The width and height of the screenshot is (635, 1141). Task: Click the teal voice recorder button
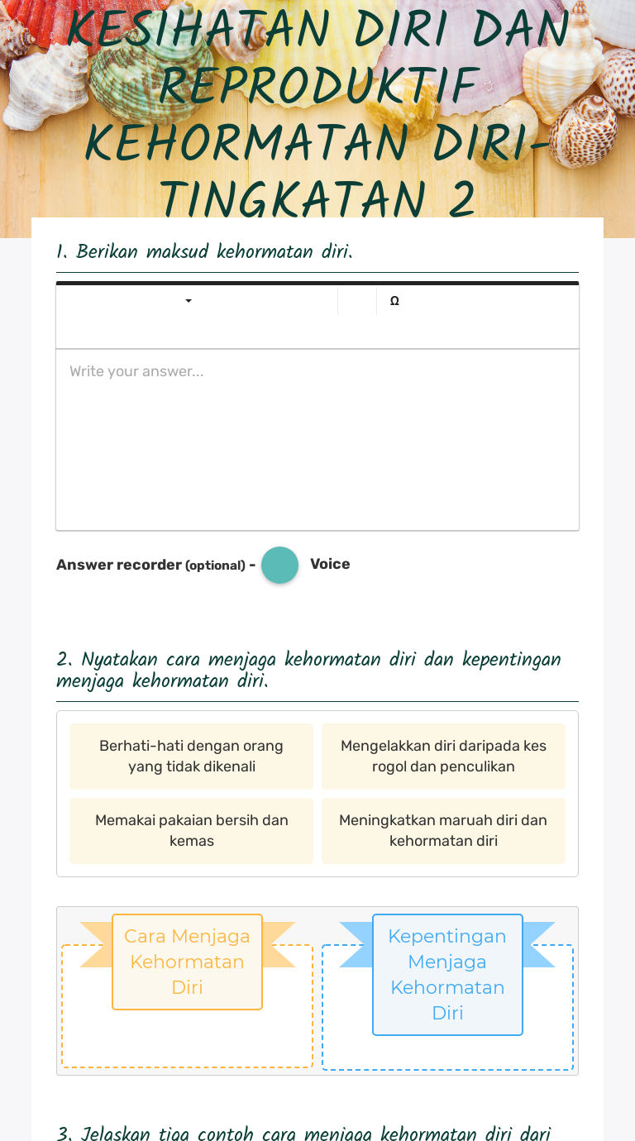279,566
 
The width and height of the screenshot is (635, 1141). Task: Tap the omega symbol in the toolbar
394,302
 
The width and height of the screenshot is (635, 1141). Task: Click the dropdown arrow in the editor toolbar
189,301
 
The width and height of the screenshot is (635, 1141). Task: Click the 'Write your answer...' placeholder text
136,371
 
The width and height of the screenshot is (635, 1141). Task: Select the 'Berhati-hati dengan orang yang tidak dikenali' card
191,756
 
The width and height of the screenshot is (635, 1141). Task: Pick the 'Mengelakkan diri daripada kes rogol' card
443,756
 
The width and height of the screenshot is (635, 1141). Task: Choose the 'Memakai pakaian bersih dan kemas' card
191,830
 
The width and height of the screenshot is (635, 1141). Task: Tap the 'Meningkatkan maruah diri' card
443,830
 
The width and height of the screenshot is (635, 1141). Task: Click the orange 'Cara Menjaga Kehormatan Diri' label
187,961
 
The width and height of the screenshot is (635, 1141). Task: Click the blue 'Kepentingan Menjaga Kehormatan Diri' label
447,974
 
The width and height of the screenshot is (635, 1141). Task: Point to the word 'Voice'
330,564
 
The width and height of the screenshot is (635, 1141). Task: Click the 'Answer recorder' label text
119,565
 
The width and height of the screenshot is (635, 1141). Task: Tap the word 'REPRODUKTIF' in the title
319,85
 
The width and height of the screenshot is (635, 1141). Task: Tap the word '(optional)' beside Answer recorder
215,566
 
